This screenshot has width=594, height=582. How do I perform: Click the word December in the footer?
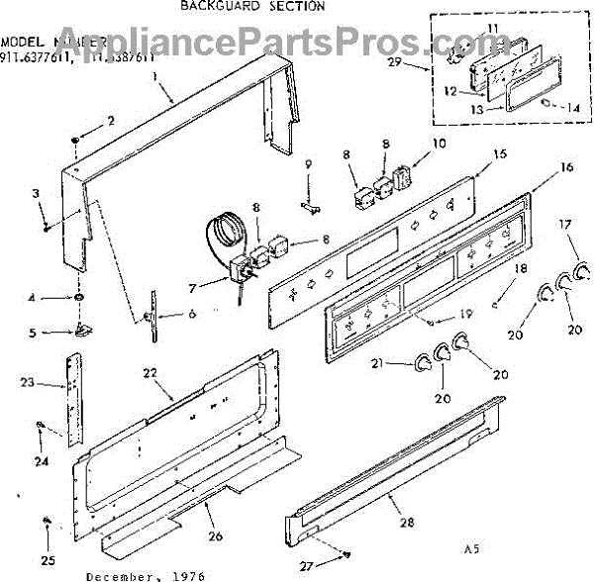tap(118, 574)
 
